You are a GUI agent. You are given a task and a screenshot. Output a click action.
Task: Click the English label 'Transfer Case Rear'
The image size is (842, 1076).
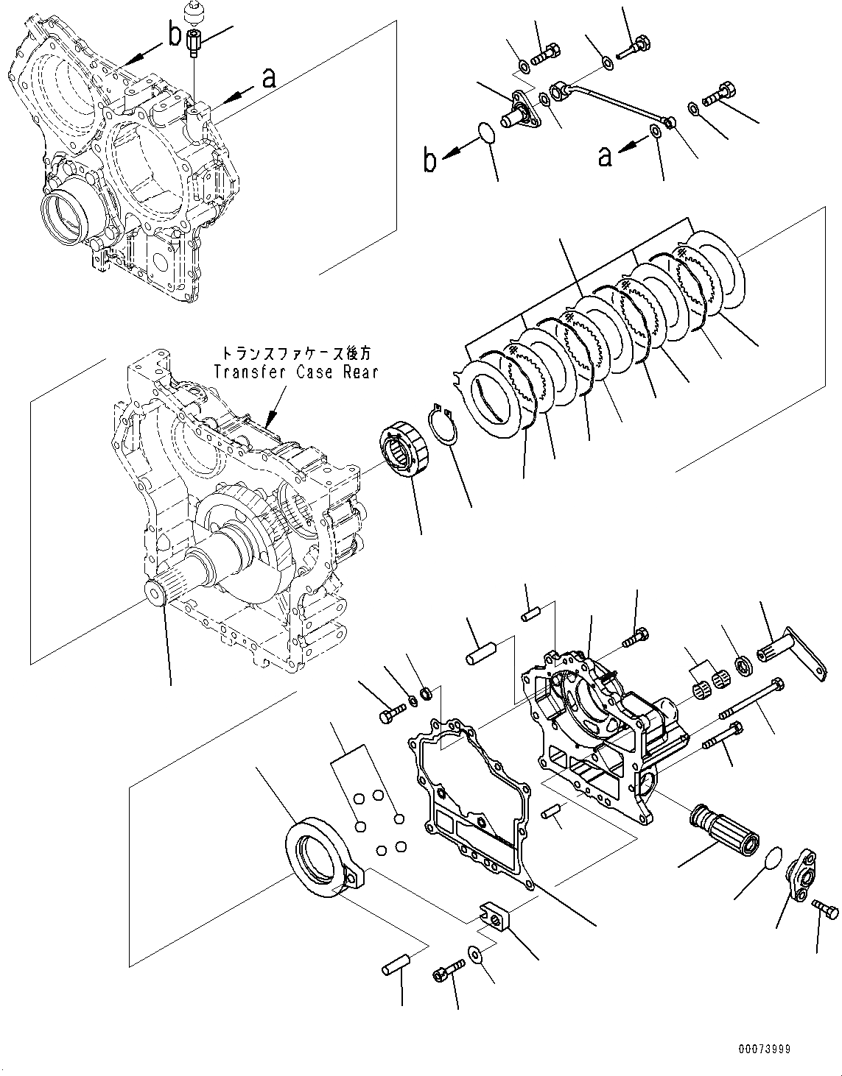[x=295, y=372]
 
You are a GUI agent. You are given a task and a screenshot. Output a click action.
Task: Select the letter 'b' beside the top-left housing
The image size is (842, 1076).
[x=174, y=35]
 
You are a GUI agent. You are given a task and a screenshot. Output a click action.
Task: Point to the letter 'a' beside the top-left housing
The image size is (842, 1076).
[x=270, y=78]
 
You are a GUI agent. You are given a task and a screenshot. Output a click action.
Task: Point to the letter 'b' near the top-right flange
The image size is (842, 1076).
[x=430, y=159]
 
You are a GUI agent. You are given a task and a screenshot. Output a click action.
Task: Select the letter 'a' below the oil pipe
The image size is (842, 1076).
[x=606, y=156]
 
